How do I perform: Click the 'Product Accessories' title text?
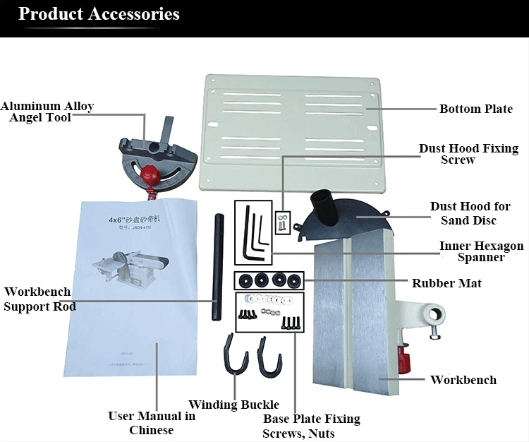click(99, 14)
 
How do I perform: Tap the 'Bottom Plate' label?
click(475, 109)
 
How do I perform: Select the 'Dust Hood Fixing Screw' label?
click(468, 154)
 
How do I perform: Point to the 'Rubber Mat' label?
click(446, 283)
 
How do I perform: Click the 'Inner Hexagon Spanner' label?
click(481, 251)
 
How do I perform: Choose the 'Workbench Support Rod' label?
click(39, 299)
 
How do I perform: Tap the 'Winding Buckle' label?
click(233, 405)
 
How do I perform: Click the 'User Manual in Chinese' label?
click(152, 423)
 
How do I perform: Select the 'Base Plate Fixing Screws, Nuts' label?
click(311, 426)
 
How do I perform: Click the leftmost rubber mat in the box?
click(246, 278)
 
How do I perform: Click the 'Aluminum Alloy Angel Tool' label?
click(47, 112)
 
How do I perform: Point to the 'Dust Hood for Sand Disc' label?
click(470, 213)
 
